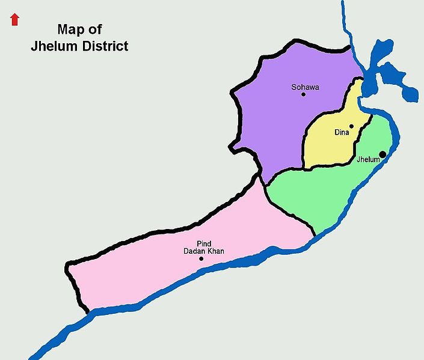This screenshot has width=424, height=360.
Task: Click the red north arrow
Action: [x=15, y=20]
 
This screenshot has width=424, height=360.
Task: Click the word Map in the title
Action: [x=70, y=29]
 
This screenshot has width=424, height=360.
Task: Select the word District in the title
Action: [x=104, y=46]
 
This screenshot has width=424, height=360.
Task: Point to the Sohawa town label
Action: [x=305, y=87]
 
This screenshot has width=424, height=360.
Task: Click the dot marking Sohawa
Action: [x=303, y=94]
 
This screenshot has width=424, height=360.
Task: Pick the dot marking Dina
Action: [x=351, y=126]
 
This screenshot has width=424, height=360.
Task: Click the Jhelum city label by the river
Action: [x=368, y=160]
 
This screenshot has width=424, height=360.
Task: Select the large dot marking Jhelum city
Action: [x=383, y=154]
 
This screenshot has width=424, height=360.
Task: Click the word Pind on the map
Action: [x=203, y=243]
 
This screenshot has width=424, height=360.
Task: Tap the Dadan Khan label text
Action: [x=203, y=251]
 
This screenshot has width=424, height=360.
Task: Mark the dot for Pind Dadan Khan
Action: [x=201, y=259]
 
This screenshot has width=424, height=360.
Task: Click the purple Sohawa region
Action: [x=277, y=120]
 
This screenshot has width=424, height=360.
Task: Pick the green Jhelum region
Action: [x=325, y=192]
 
